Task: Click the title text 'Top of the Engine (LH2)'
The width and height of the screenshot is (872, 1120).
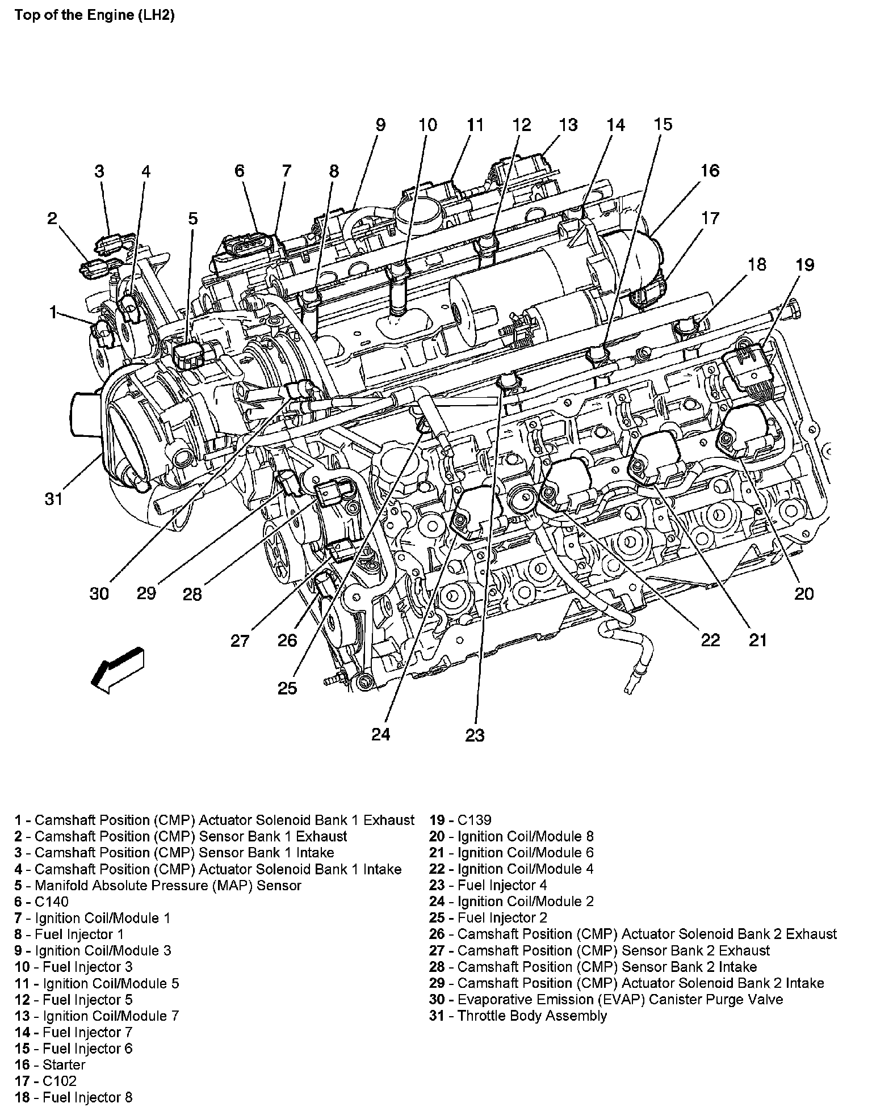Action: (x=94, y=15)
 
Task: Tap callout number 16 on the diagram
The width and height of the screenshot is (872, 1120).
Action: (x=710, y=171)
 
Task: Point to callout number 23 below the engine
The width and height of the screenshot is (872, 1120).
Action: (x=475, y=735)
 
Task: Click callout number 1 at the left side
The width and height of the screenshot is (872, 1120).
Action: (x=53, y=312)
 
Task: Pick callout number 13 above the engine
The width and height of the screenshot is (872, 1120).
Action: (x=568, y=125)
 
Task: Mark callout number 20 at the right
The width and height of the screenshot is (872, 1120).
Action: (x=804, y=593)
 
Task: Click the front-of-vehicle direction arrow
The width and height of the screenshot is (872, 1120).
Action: (x=117, y=670)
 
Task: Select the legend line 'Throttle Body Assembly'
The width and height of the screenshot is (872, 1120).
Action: (x=518, y=1016)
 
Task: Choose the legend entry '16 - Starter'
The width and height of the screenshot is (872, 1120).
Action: (x=51, y=1065)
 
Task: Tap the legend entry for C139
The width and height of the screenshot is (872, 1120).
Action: (x=460, y=820)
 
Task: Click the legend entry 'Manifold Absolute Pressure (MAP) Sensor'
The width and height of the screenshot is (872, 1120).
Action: (x=158, y=885)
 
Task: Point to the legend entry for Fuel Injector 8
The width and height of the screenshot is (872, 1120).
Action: (x=74, y=1097)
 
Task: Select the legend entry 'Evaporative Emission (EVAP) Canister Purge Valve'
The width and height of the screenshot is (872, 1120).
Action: (x=606, y=999)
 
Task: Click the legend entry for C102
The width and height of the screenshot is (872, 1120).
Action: (x=46, y=1081)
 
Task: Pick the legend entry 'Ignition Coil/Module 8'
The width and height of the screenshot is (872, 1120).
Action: (x=512, y=836)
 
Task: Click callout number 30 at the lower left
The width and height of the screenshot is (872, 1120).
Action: (x=99, y=593)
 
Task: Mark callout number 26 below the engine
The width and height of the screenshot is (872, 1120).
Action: (x=287, y=641)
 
